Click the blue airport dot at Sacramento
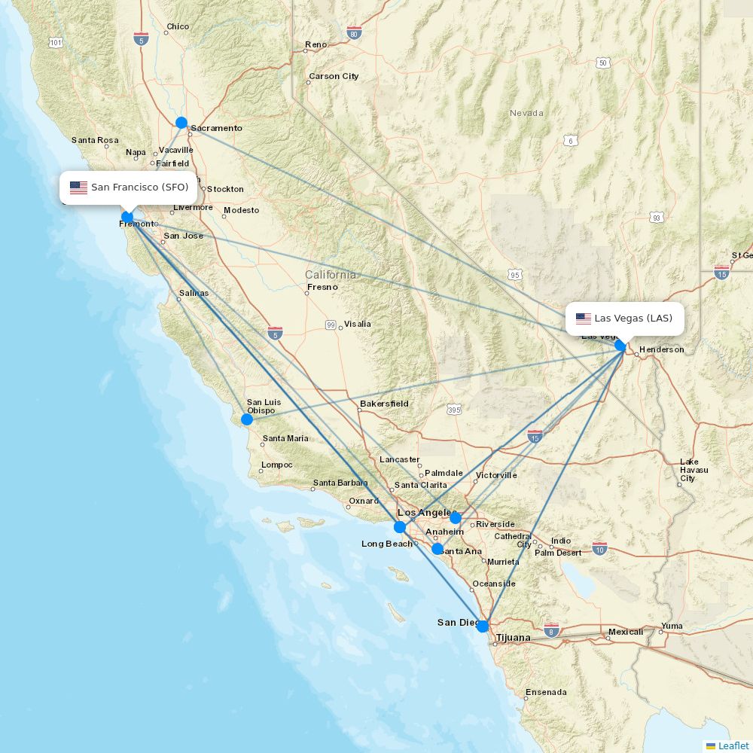[x=181, y=122]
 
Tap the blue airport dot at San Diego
[x=483, y=626]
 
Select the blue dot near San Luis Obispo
[x=247, y=419]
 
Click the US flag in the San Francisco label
[x=78, y=187]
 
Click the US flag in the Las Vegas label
[x=584, y=319]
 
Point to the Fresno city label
[x=322, y=287]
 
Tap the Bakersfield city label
[x=384, y=404]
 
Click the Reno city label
[x=316, y=45]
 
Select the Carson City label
[x=334, y=76]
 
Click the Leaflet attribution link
[x=733, y=745]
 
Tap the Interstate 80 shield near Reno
[x=355, y=32]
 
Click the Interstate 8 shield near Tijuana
[x=552, y=630]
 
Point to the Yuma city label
[x=672, y=626]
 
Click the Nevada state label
[x=526, y=113]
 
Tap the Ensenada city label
[x=546, y=692]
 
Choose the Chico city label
[x=178, y=26]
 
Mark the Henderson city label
[x=661, y=349]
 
